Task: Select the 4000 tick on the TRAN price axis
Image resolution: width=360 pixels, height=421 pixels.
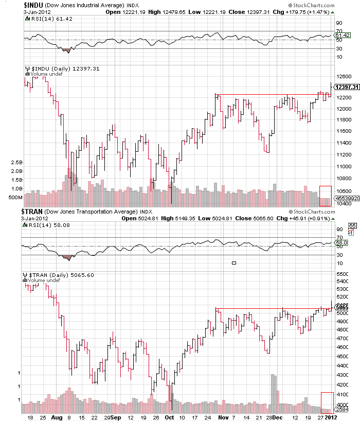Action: point(342,404)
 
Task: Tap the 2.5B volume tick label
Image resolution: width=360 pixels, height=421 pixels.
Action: point(16,162)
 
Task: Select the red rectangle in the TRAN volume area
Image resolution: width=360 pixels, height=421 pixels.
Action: point(327,402)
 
